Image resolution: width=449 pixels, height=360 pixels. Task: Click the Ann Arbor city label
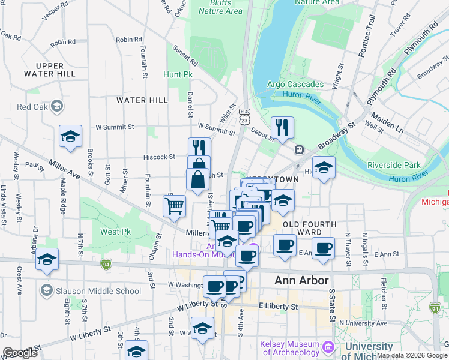pyautogui.click(x=301, y=280)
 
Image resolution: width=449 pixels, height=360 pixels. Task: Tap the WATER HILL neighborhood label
pyautogui.click(x=142, y=100)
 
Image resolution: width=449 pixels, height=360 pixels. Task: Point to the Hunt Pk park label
pyautogui.click(x=177, y=75)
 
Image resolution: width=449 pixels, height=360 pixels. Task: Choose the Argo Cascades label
pyautogui.click(x=295, y=85)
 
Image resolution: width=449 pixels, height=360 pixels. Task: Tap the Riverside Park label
pyautogui.click(x=397, y=164)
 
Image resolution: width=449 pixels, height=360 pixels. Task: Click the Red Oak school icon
pyautogui.click(x=57, y=107)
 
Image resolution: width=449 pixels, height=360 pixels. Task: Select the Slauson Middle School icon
pyautogui.click(x=46, y=291)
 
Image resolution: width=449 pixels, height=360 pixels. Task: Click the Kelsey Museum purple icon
pyautogui.click(x=328, y=347)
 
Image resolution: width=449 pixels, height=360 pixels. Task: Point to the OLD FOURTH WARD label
pyautogui.click(x=309, y=224)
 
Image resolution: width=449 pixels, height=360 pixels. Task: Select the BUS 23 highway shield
pyautogui.click(x=244, y=116)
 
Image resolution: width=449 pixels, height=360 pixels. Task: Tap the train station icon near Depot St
pyautogui.click(x=298, y=149)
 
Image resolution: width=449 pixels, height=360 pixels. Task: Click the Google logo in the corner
pyautogui.click(x=20, y=353)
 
